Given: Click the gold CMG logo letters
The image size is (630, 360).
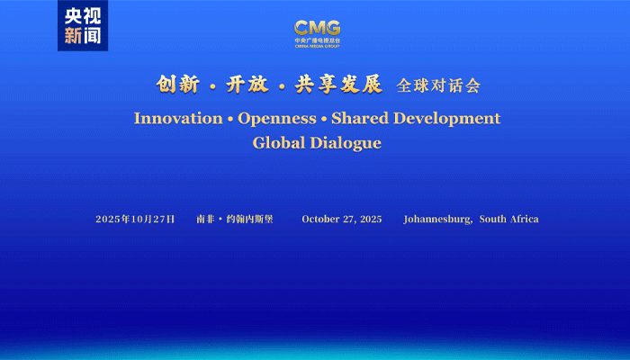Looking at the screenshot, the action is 317,28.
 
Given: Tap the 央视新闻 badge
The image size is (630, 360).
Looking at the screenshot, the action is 83,26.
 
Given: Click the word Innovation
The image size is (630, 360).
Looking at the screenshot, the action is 178,119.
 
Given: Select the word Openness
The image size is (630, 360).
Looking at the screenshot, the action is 277,119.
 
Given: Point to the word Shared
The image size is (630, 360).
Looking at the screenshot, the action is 360,118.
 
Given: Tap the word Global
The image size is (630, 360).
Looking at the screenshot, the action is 279,142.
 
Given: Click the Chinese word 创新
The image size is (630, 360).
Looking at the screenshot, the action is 177,85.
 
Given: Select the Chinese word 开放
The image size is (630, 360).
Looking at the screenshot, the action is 247,85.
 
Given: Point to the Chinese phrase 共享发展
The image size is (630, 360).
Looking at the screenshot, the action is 338,85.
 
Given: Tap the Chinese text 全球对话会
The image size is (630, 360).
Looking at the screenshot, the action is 438,85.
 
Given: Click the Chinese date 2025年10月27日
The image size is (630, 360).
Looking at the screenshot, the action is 135,219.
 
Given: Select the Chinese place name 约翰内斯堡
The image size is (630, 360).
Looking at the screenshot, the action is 249,219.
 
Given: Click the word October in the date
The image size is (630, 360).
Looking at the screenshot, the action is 320,219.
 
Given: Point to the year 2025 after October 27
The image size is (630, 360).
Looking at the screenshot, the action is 371,219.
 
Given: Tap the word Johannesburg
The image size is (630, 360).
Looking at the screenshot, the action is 437,220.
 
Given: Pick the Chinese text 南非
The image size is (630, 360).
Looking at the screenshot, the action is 205,219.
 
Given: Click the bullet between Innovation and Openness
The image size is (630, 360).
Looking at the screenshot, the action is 230,119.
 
